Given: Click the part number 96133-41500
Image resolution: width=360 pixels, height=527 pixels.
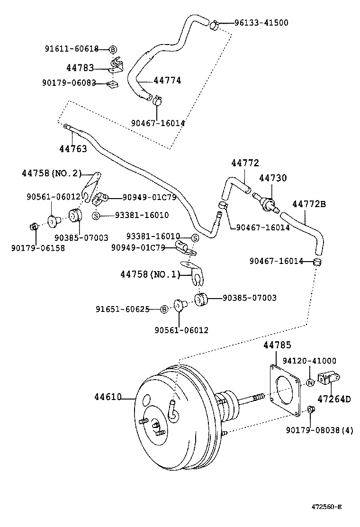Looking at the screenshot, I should (261, 22).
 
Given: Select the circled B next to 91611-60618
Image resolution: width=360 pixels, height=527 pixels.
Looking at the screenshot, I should (113, 49).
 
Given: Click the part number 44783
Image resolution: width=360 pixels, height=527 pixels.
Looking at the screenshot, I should (80, 68).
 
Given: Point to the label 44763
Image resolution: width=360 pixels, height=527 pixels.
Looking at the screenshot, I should (73, 149).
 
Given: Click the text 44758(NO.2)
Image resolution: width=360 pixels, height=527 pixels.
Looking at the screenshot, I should (52, 173).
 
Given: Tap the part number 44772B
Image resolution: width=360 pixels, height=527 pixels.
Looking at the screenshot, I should (309, 204).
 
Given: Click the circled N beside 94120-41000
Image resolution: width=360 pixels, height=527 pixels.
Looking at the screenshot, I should (310, 383).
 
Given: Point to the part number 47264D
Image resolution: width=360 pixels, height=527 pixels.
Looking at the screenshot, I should (334, 399).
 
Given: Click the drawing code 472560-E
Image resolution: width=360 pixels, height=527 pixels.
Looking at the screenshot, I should (326, 507).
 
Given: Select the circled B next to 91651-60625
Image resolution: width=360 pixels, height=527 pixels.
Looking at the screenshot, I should (164, 309).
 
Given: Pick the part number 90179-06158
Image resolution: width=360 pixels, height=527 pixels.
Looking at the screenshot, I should (38, 247).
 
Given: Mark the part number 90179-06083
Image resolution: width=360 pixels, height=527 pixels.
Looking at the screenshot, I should (69, 83).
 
